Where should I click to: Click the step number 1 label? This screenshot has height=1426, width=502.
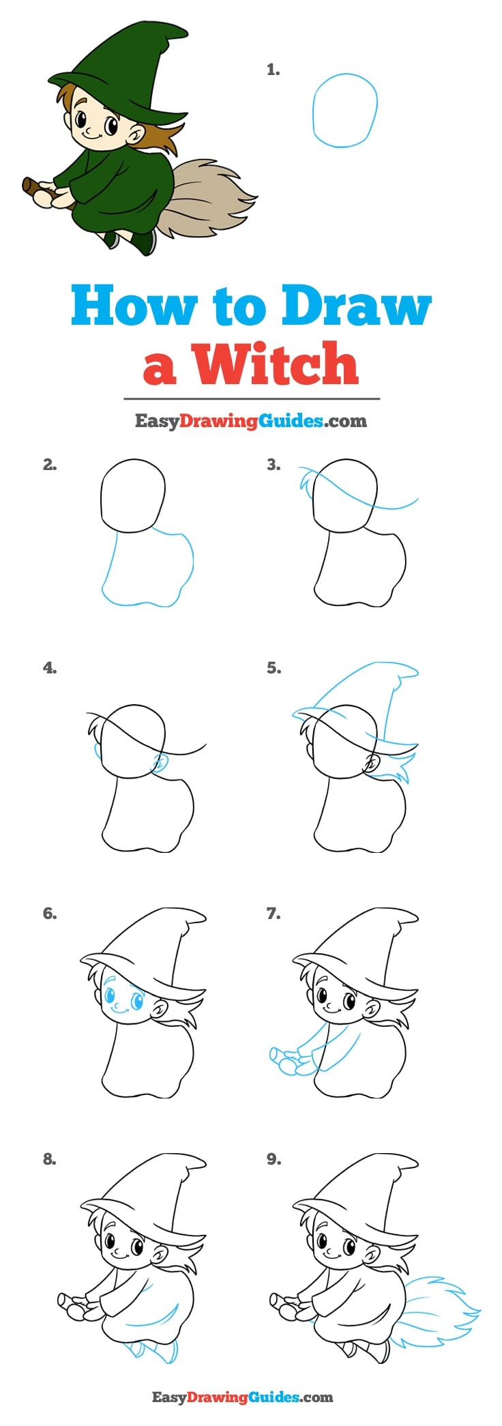click(x=273, y=70)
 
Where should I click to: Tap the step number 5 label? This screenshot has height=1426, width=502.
click(x=273, y=668)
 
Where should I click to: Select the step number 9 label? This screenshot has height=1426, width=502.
click(x=273, y=1159)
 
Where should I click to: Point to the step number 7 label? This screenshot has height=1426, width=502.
click(x=273, y=914)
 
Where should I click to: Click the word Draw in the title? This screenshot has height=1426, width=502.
click(x=356, y=306)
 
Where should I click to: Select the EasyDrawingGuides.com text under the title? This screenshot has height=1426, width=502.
click(x=250, y=420)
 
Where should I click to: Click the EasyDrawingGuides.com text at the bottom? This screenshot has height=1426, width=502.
click(x=242, y=1397)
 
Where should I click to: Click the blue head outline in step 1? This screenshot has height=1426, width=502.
click(x=344, y=111)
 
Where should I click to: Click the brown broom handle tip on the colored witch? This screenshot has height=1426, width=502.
click(x=29, y=185)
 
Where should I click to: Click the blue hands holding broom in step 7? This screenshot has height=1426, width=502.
click(x=286, y=1061)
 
